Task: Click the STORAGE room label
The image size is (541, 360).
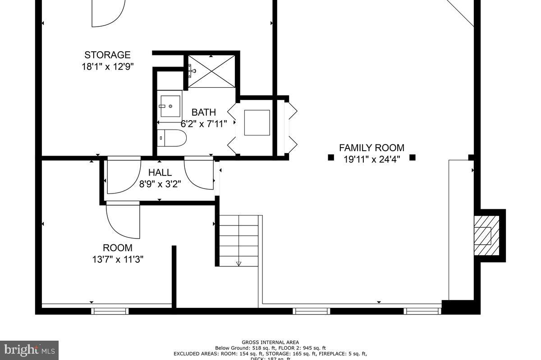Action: coord(107,55)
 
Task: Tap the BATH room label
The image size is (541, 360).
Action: coord(203,112)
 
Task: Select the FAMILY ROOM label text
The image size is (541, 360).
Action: coord(371,148)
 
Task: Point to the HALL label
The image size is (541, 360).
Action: coord(160,172)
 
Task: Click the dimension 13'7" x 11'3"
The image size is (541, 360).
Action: coord(118,259)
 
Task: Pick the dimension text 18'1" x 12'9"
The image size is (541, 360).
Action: coord(107,66)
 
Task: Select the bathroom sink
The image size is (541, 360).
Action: coord(170,106)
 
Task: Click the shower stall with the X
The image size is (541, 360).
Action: coord(211,71)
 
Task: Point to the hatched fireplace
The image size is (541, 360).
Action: coord(486,235)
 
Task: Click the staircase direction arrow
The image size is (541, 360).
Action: coord(239,263)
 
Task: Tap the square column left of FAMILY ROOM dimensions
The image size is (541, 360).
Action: coord(330,157)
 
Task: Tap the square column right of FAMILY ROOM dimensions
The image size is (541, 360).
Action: coord(412,157)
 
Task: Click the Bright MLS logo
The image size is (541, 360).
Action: coord(29,350)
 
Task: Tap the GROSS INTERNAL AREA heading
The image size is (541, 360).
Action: coord(270,342)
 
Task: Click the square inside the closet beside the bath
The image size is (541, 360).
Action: coord(257,122)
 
